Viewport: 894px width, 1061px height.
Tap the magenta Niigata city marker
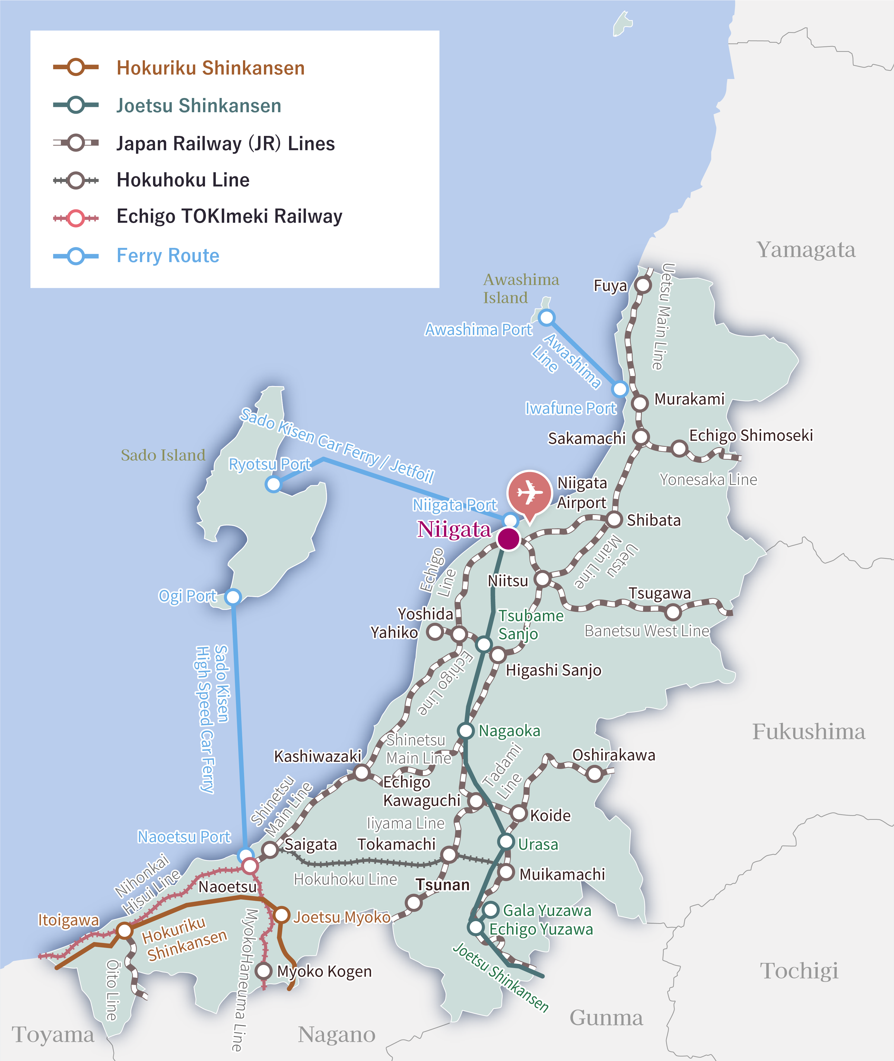[x=508, y=539]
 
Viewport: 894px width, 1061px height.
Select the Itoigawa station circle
[x=125, y=930]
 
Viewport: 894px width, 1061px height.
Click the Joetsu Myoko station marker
[x=282, y=915]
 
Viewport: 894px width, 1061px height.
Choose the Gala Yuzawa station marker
[x=490, y=910]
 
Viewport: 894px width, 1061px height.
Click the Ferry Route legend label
[x=168, y=256]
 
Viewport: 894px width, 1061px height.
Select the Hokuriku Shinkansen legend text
[x=210, y=68]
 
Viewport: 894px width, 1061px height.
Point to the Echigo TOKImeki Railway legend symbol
[x=76, y=218]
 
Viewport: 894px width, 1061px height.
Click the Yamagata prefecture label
[x=806, y=250]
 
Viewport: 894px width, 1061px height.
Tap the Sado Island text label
[x=163, y=455]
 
